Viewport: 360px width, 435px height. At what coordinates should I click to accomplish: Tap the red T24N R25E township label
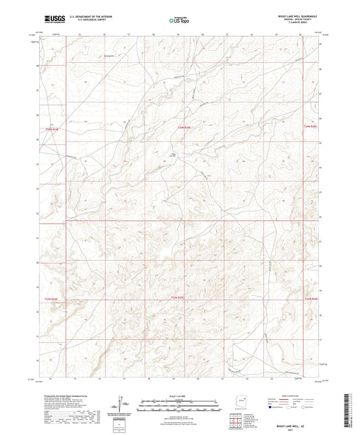(x=185, y=127)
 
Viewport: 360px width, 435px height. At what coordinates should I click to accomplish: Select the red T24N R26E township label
(x=309, y=126)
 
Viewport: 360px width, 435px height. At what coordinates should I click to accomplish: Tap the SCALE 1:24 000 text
(x=179, y=396)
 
